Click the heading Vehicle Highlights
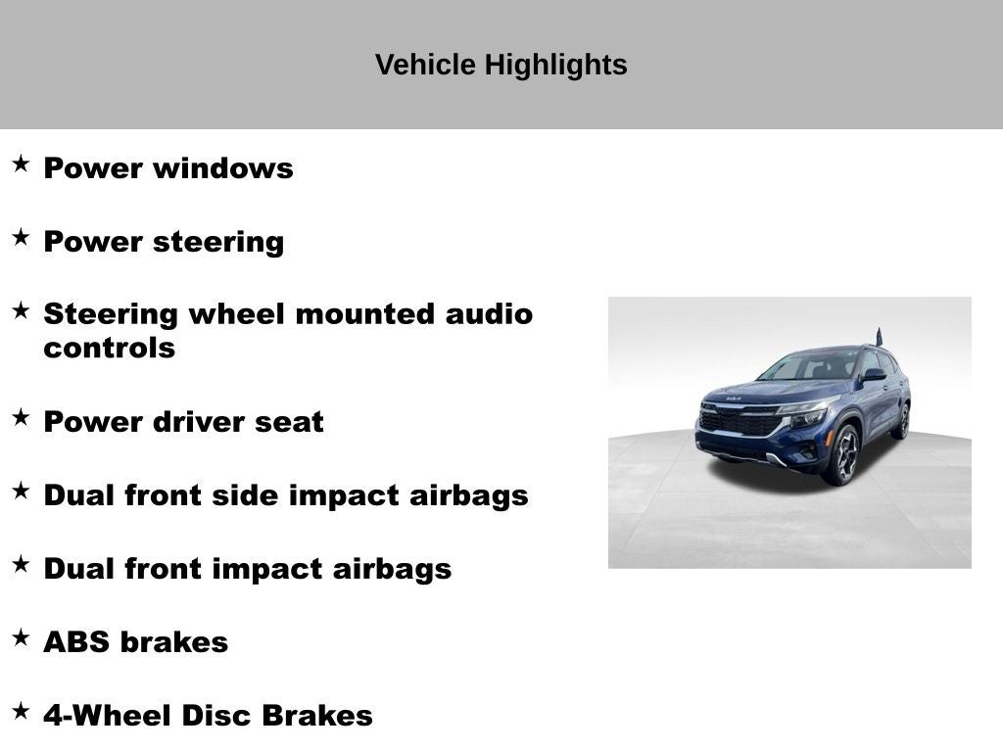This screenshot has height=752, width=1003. tap(501, 65)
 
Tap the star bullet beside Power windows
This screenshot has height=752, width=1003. tap(21, 164)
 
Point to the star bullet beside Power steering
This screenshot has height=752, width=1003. tap(21, 237)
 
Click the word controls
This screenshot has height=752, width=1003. tap(109, 349)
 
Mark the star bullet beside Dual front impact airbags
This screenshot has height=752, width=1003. tap(21, 564)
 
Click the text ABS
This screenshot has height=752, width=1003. tap(76, 642)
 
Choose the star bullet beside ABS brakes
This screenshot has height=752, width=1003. tap(21, 637)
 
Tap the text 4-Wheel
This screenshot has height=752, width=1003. tap(103, 716)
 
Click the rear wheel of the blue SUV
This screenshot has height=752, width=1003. tap(901, 420)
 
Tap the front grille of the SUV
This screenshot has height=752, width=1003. tap(737, 422)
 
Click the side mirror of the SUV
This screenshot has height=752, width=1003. tap(873, 375)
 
